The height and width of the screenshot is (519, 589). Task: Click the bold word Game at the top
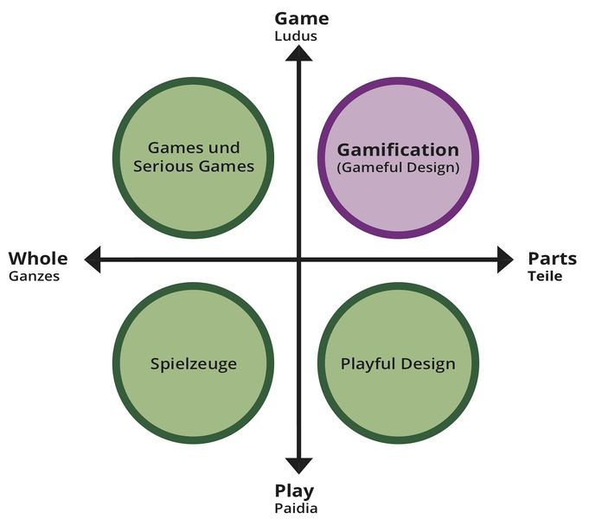tap(302, 18)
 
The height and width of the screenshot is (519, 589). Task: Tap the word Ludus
tap(296, 36)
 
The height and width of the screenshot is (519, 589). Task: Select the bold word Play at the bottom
tap(294, 491)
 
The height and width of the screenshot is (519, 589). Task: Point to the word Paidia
tap(296, 509)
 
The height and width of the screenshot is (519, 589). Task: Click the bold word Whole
tap(38, 259)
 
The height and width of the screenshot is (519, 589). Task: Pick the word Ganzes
tap(35, 277)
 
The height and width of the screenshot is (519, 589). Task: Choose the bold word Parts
tap(552, 259)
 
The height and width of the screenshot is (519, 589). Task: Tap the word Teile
tap(545, 276)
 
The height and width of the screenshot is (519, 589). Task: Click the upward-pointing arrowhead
tap(299, 53)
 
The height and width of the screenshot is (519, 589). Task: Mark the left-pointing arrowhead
tap(93, 259)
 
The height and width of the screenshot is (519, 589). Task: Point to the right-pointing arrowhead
tap(505, 259)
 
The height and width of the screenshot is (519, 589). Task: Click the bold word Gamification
tap(398, 150)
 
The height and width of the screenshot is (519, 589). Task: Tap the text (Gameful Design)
tap(398, 167)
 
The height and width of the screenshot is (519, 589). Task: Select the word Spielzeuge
tap(194, 364)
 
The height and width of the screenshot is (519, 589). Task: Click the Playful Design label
tap(398, 364)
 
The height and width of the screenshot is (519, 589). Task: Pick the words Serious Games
tap(194, 166)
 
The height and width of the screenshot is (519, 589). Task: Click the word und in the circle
tap(224, 148)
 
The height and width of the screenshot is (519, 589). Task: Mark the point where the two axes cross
tap(299, 259)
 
